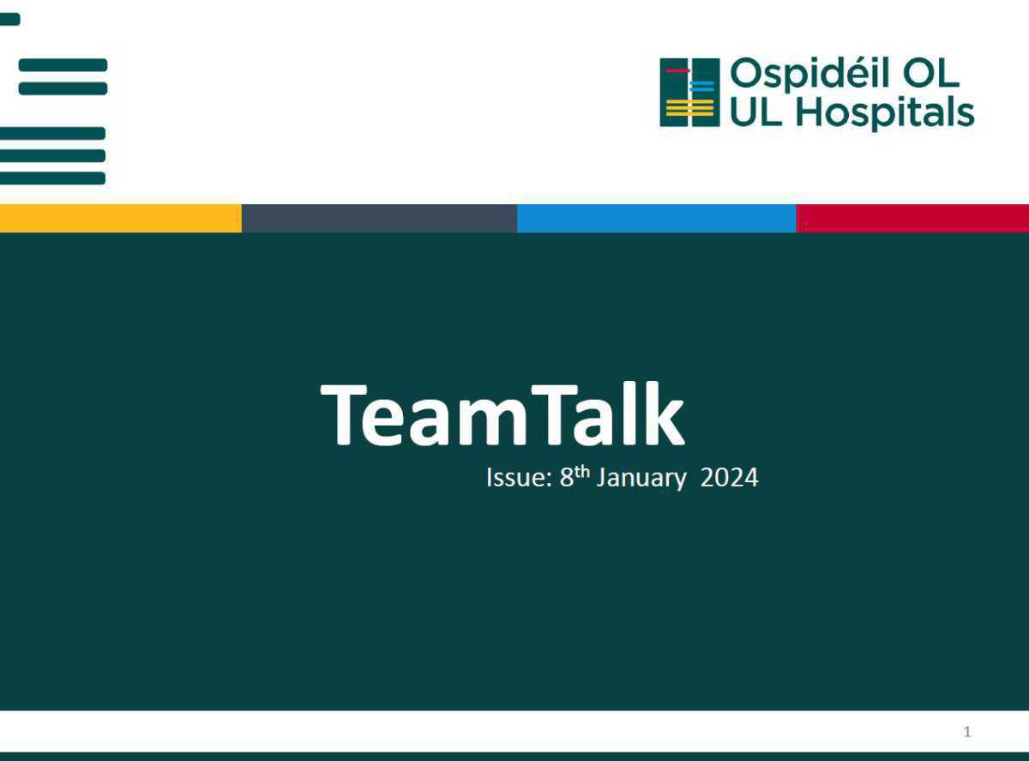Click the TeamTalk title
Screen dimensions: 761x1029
coord(502,414)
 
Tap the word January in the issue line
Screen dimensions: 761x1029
coord(641,477)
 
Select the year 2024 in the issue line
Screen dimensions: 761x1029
coord(729,477)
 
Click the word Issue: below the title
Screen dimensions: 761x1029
coord(518,477)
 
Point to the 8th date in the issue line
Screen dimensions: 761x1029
coord(574,475)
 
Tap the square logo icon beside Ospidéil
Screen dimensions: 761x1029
coord(689,93)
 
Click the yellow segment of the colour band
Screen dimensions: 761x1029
coord(120,218)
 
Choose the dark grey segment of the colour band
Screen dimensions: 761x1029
coord(379,218)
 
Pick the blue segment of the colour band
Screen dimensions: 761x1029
coord(656,218)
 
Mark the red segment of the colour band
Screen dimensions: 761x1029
coord(912,218)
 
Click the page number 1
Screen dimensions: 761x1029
coord(967,732)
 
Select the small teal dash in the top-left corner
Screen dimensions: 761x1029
coord(9,19)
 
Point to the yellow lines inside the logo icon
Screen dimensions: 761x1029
coord(689,109)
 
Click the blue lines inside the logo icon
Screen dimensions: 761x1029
coord(702,87)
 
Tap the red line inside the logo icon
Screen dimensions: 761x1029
coord(677,70)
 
